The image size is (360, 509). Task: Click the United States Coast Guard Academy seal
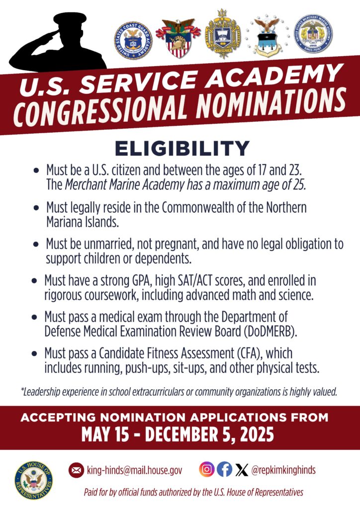[133, 41]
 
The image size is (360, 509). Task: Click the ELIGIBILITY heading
[181, 149]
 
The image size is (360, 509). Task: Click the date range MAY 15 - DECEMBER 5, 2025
[178, 435]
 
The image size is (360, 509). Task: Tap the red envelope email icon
[76, 470]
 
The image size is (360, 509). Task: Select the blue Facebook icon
[225, 469]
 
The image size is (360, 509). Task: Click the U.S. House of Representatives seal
[34, 481]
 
